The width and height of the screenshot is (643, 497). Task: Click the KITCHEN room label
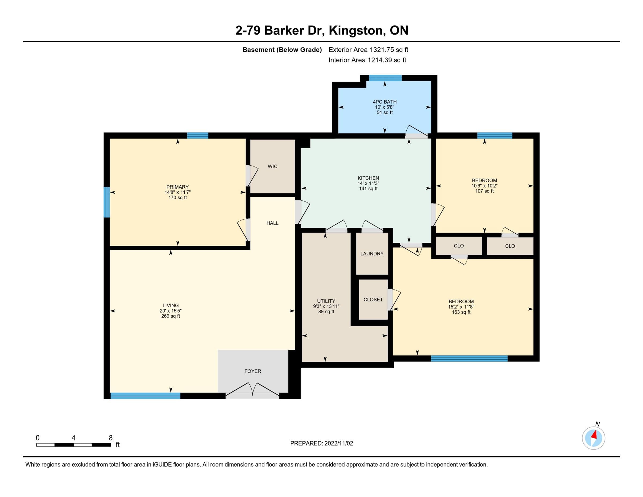[368, 178]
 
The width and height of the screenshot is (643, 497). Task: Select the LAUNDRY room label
[372, 253]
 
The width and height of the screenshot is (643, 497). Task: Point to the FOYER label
[253, 371]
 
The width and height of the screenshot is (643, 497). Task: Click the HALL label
[272, 223]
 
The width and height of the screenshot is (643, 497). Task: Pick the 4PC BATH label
[385, 102]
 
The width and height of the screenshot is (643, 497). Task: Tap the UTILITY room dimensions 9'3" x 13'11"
[326, 306]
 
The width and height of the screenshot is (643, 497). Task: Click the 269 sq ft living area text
[171, 316]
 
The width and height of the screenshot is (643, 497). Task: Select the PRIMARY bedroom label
[178, 187]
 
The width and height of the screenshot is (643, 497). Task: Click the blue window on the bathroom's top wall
[385, 78]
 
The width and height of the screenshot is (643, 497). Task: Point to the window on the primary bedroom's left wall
[107, 202]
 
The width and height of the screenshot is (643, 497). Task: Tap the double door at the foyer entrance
[252, 391]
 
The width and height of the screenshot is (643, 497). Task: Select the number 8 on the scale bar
[111, 438]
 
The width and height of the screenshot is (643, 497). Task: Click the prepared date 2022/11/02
[339, 443]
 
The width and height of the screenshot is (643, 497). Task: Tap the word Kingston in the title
[357, 31]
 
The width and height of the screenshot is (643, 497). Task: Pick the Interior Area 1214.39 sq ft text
[367, 60]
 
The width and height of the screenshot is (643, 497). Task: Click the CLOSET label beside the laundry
[373, 300]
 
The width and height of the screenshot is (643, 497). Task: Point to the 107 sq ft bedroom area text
[484, 191]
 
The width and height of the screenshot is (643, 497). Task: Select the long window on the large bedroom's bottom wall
[469, 358]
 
